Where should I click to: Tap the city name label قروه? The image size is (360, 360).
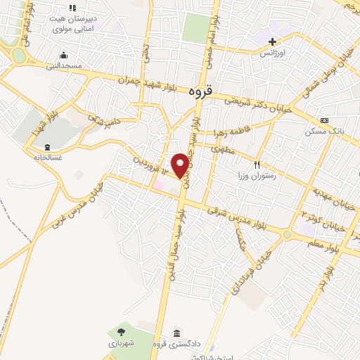tap(201, 91)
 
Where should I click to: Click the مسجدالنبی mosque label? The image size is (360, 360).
tap(65, 65)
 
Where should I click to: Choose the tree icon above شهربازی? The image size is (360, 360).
tap(121, 331)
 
